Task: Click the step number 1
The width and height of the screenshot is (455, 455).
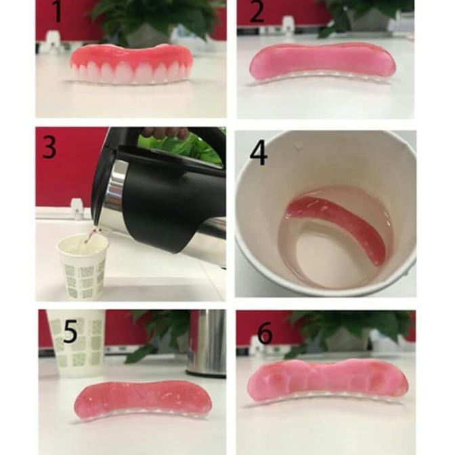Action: coord(56,12)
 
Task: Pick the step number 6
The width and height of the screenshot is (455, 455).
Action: coord(264,332)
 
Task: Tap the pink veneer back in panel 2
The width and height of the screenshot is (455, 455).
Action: coord(322,61)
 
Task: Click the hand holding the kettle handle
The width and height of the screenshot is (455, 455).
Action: coord(166,133)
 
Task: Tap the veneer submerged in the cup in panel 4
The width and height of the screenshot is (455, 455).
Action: coord(339,227)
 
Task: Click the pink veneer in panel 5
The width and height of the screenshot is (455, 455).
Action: coord(142,399)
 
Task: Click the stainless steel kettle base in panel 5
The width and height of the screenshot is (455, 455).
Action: coord(206,342)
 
